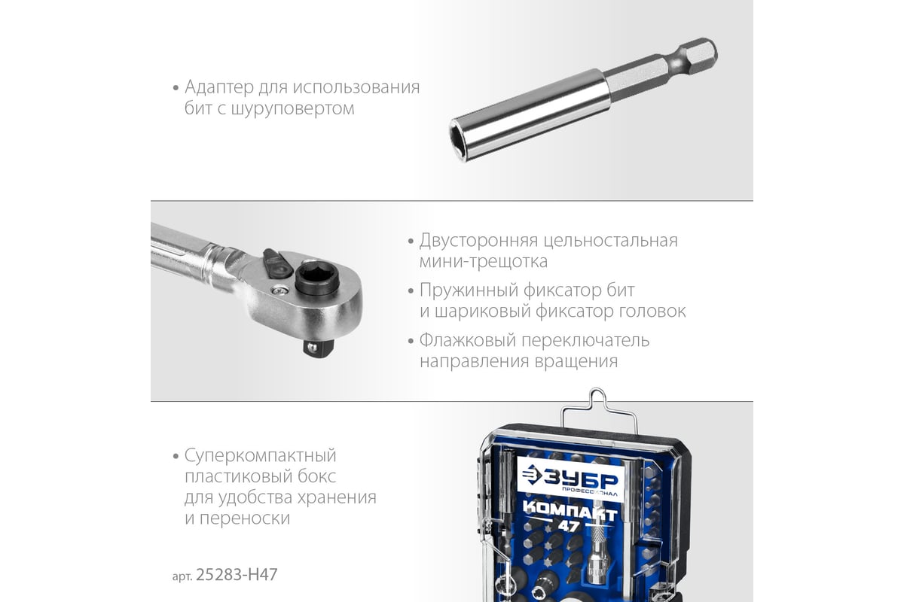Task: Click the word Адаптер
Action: tap(219, 87)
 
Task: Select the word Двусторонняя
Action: tap(478, 241)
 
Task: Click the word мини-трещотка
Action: tap(484, 261)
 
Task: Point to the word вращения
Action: tap(576, 362)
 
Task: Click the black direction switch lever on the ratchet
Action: tap(276, 263)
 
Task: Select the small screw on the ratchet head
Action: tap(279, 290)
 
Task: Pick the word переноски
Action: tap(245, 518)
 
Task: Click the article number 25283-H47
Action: tap(237, 575)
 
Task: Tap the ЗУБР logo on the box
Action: tap(570, 479)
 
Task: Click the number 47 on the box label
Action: tap(569, 526)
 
